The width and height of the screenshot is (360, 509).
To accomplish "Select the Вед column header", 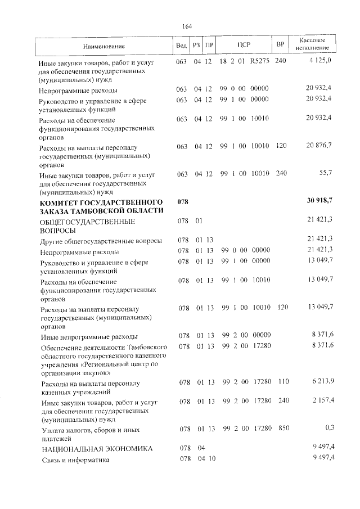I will coord(181,45).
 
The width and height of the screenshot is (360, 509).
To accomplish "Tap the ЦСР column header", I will coord(244,45).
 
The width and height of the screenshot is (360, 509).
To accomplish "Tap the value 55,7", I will coord(326,173).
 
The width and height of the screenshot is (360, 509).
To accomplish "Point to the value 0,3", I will coord(330,428).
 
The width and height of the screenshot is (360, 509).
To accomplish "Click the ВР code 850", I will coord(283,429).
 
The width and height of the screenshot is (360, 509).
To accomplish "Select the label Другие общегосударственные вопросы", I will coord(101,240).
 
